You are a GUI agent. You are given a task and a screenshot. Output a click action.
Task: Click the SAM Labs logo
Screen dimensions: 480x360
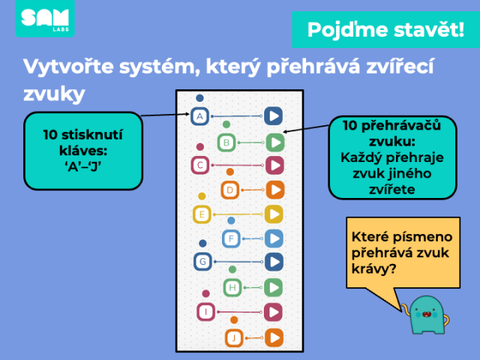pyautogui.click(x=45, y=19)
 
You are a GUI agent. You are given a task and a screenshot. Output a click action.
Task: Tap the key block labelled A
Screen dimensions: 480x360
pyautogui.click(x=199, y=116)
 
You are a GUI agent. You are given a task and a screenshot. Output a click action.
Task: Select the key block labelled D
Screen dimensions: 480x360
pyautogui.click(x=230, y=190)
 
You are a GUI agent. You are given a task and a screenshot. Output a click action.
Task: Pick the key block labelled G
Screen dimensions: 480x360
pyautogui.click(x=202, y=262)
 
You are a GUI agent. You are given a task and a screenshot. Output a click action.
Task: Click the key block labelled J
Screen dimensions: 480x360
pyautogui.click(x=234, y=338)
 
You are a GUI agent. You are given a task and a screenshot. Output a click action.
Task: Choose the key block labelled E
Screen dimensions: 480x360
pyautogui.click(x=202, y=214)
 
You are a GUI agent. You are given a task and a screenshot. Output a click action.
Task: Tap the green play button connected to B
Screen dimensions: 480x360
pyautogui.click(x=275, y=142)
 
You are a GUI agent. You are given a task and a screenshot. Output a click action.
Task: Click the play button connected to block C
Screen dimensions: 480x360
pyautogui.click(x=274, y=165)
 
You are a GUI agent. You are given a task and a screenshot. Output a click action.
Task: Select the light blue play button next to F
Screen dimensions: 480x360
pyautogui.click(x=274, y=238)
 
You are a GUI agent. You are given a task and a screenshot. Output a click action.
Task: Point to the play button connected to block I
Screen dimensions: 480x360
pyautogui.click(x=273, y=312)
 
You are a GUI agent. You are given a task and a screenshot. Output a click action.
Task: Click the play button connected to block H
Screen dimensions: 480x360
pyautogui.click(x=273, y=288)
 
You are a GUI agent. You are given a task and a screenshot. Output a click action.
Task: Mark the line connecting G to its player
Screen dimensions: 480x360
pyautogui.click(x=238, y=262)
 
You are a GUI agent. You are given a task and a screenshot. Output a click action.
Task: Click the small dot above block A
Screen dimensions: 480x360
pyautogui.click(x=199, y=98)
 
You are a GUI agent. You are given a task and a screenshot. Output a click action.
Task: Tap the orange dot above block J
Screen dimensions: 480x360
pyautogui.click(x=234, y=320)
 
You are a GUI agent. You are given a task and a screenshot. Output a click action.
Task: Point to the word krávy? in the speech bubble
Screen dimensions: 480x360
pyautogui.click(x=373, y=269)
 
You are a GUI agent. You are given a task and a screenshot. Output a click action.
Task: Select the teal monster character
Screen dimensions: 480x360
pyautogui.click(x=425, y=315)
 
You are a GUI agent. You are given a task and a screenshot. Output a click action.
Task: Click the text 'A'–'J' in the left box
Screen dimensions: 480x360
pyautogui.click(x=83, y=166)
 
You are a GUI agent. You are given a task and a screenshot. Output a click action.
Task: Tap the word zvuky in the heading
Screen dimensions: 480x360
pyautogui.click(x=54, y=93)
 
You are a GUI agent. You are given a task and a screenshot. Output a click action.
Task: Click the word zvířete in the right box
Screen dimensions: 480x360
pyautogui.click(x=392, y=190)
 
